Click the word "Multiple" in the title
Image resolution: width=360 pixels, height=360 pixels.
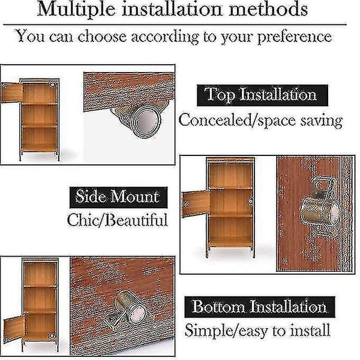pos(76,10)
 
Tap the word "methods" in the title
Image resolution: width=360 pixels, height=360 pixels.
pos(268,9)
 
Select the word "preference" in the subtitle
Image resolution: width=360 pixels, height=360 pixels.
pos(295,37)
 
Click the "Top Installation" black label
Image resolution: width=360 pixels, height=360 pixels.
pos(262,95)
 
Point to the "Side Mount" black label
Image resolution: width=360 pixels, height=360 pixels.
pos(118,197)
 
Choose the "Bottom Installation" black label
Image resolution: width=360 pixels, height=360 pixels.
pos(260,307)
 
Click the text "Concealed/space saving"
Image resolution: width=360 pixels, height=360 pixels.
pos(260,121)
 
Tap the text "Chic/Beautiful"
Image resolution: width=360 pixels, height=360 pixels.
pos(118,220)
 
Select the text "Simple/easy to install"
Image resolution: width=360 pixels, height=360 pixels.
pos(257,331)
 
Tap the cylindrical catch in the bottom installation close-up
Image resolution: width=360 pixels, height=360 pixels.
pos(128,310)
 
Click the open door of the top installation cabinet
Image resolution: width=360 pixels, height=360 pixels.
pos(11,92)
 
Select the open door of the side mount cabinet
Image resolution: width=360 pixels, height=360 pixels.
pos(196,205)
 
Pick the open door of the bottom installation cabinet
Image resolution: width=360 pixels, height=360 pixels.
pos(14,328)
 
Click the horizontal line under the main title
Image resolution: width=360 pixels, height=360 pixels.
pos(175,25)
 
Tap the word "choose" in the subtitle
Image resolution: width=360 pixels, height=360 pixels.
pos(102,37)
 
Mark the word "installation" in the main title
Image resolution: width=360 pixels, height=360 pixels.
pos(172,9)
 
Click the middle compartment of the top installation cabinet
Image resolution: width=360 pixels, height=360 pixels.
pos(39,115)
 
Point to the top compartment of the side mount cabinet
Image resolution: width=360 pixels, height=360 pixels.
pos(231,176)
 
